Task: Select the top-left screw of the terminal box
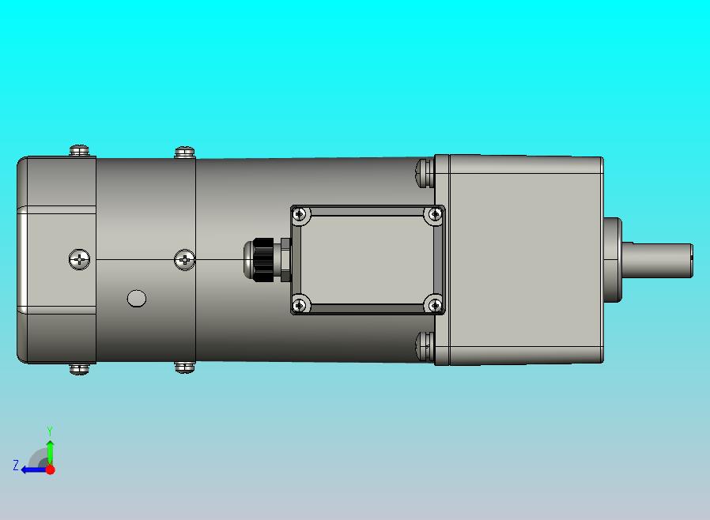tap(300, 214)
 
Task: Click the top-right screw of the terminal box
tap(435, 214)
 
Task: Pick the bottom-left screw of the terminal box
tap(300, 306)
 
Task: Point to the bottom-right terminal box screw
tap(435, 306)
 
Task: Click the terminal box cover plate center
tap(367, 260)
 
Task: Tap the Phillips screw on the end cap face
tap(79, 260)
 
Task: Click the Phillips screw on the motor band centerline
tap(185, 260)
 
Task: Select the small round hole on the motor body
tap(137, 299)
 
